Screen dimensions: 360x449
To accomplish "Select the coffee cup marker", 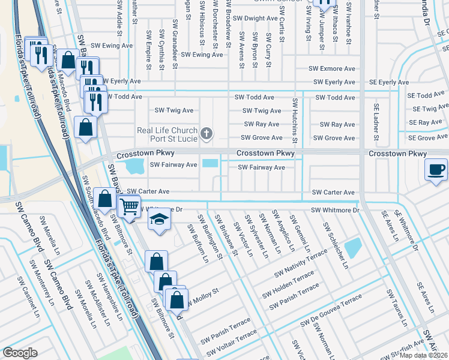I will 436,169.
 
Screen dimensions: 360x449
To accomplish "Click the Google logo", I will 20,353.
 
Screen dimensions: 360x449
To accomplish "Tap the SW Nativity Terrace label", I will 301,265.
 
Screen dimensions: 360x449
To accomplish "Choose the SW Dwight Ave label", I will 255,19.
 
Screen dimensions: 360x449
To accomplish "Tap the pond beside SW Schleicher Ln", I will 354,246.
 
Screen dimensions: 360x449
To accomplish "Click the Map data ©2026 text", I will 424,355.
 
